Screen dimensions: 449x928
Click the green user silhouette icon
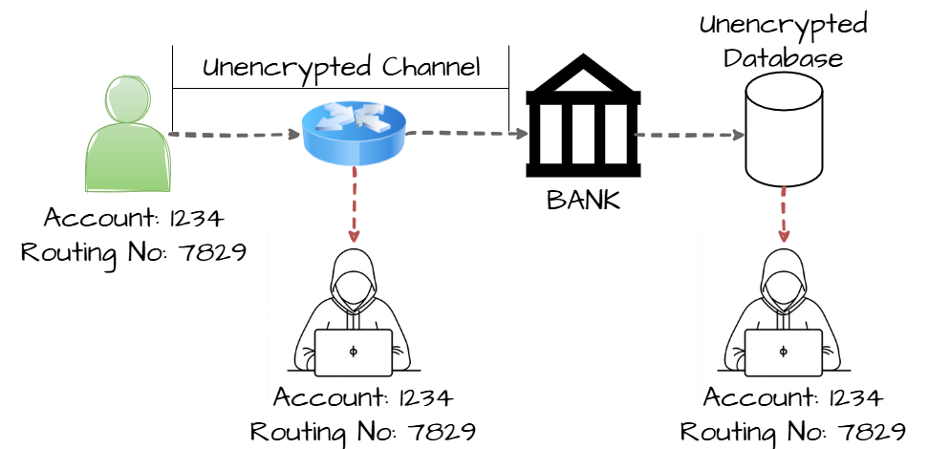click(126, 136)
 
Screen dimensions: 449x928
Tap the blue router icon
click(354, 132)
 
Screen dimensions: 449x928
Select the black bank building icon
click(582, 119)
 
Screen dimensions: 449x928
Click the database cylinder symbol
click(784, 129)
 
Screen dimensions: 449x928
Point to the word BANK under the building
click(583, 201)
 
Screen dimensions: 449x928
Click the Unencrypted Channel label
click(341, 68)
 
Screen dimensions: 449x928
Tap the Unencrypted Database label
click(783, 41)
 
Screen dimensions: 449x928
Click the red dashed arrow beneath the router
click(354, 205)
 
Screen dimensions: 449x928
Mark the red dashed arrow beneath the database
click(784, 215)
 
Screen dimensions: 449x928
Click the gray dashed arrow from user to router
click(235, 135)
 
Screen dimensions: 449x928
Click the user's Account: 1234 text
click(134, 218)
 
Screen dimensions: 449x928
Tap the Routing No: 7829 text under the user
click(134, 252)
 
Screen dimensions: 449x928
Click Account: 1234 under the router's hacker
click(363, 397)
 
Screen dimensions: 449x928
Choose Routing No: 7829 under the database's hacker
click(793, 432)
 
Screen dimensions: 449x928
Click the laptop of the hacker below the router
click(354, 353)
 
